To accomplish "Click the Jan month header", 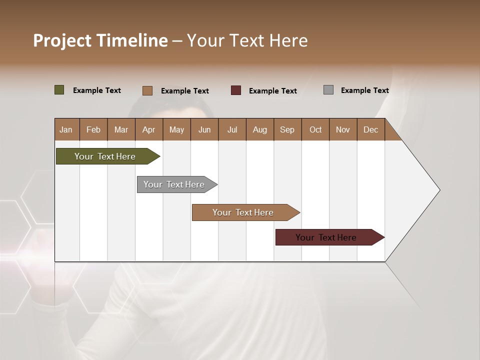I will [x=66, y=129].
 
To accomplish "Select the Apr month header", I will [x=148, y=129].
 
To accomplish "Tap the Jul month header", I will [x=232, y=129].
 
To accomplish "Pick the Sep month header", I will [x=287, y=129].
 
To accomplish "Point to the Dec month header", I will [x=370, y=129].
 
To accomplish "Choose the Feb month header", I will [x=93, y=129].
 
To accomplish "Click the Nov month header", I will [x=342, y=129].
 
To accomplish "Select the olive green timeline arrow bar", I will [x=105, y=156].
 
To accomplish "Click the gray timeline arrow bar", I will [x=174, y=184].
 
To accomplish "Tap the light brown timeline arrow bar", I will [x=243, y=212].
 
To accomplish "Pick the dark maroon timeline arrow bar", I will [x=326, y=237].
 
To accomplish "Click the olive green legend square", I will [x=59, y=90].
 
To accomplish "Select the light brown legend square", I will [x=147, y=90].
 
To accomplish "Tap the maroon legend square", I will [x=236, y=90].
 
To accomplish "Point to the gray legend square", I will [x=328, y=90].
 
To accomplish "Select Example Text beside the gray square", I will [x=364, y=90].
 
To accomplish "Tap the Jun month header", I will [x=204, y=129].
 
